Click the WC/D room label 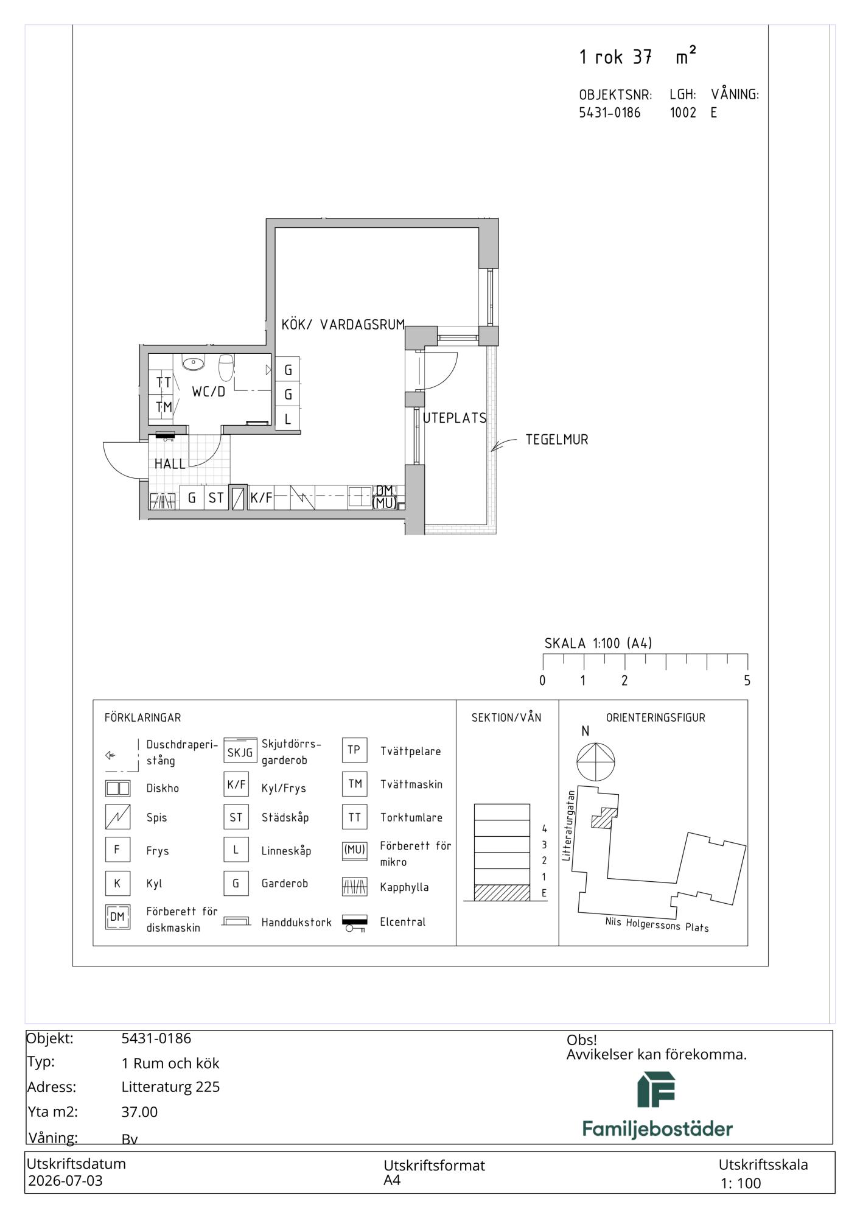[208, 392]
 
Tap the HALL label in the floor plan [170, 464]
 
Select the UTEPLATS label [455, 418]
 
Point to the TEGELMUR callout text [557, 440]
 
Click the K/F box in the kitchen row [261, 498]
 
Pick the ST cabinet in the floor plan [216, 498]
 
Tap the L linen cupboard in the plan [288, 419]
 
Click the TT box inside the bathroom [163, 383]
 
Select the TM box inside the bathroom [163, 407]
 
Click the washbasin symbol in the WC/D [194, 364]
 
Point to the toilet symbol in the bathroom [226, 367]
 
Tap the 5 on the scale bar [747, 681]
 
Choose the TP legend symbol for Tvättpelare [354, 750]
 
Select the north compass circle [596, 762]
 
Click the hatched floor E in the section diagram [502, 893]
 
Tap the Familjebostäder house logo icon [657, 1090]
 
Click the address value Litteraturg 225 [170, 1087]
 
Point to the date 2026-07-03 [65, 1181]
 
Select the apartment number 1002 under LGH [683, 113]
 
